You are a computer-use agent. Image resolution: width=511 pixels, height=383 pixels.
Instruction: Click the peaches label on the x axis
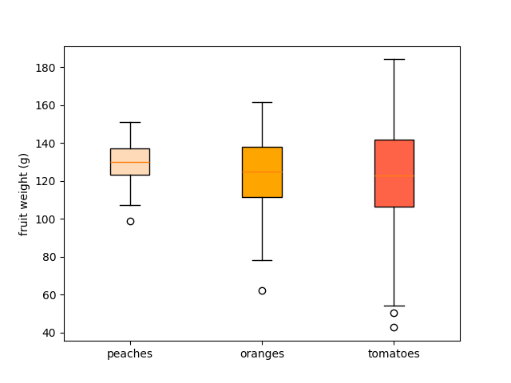(129, 353)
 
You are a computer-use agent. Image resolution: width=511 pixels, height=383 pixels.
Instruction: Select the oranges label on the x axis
(262, 353)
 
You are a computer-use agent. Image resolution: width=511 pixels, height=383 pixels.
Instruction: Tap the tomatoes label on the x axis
(394, 353)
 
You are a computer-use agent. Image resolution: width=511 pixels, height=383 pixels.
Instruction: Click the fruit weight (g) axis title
(24, 194)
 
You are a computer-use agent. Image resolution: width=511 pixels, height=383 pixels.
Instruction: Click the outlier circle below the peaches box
(130, 221)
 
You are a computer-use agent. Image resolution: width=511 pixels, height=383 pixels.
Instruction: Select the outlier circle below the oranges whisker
(262, 290)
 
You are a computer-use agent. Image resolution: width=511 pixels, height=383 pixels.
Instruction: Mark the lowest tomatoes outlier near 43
(394, 327)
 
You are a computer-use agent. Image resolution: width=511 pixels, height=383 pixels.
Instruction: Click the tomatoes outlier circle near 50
(394, 313)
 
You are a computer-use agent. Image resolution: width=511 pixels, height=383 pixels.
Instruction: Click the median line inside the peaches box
(130, 162)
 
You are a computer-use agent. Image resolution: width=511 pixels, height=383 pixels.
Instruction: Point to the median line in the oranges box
(262, 172)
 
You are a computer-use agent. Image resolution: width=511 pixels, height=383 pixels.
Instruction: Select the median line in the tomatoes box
(394, 176)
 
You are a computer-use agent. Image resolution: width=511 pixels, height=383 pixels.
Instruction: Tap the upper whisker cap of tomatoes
(394, 59)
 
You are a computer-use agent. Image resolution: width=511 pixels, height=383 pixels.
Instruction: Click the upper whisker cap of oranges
(262, 102)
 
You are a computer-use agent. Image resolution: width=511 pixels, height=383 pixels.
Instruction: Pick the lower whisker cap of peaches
(130, 205)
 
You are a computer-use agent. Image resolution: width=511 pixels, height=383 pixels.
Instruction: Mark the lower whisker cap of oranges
(262, 260)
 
